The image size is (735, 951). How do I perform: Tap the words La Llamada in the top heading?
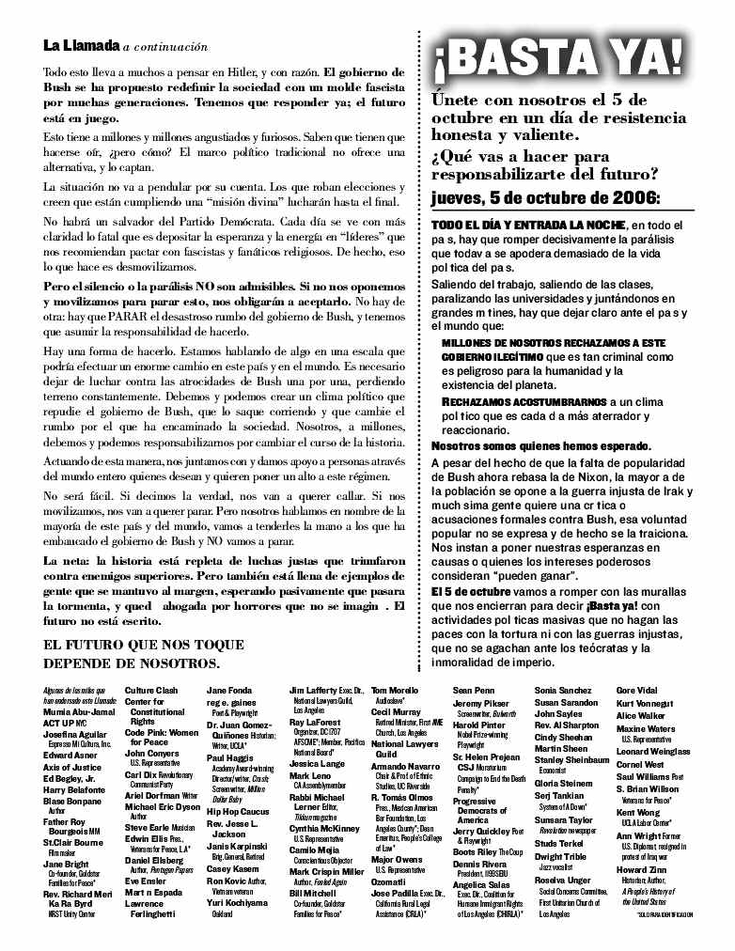(81, 46)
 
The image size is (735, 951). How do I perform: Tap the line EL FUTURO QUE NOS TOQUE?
(144, 645)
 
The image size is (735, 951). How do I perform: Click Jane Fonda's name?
(228, 691)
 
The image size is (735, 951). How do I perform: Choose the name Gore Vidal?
(637, 691)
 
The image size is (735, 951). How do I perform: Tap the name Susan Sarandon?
(566, 702)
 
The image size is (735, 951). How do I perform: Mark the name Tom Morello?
(395, 691)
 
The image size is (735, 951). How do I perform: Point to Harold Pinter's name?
(478, 725)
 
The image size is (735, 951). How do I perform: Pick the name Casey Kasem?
(232, 869)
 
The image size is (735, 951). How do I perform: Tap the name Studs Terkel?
(559, 843)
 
